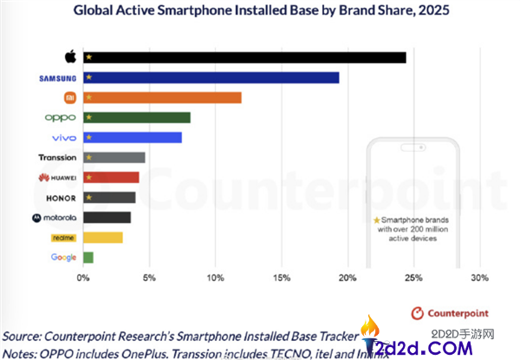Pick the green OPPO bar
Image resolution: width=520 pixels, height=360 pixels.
pyautogui.click(x=137, y=117)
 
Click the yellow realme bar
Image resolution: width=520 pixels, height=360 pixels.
pyautogui.click(x=103, y=237)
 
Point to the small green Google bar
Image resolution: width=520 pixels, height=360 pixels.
pyautogui.click(x=88, y=257)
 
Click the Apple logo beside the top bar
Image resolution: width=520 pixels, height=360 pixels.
pyautogui.click(x=71, y=56)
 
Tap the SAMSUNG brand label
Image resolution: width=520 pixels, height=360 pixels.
pyautogui.click(x=59, y=77)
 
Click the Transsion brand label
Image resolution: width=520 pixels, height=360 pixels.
pyautogui.click(x=58, y=157)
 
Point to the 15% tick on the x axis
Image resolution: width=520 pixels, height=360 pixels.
pyautogui.click(x=281, y=278)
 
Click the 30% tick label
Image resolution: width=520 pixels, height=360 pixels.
pyautogui.click(x=478, y=278)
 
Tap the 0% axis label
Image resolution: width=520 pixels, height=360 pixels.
pyautogui.click(x=83, y=278)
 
